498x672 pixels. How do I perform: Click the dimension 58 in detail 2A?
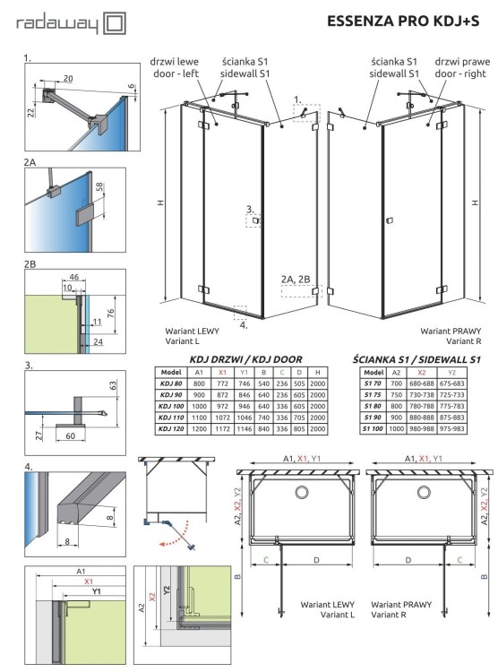pyautogui.click(x=99, y=188)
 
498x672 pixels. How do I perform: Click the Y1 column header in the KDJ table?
pyautogui.click(x=244, y=371)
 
